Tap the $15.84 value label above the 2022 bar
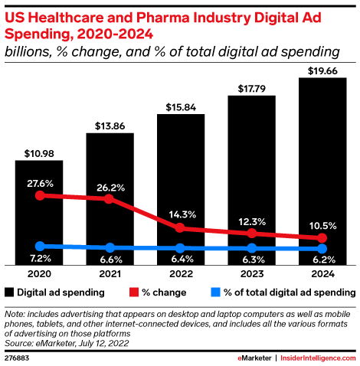tap(181, 105)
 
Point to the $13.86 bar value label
tap(110, 123)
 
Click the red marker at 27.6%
tap(39, 195)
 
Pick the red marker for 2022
tap(181, 227)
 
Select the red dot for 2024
tap(322, 239)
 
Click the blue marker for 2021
tap(110, 247)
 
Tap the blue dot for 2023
tap(252, 248)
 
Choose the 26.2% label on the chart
tap(110, 186)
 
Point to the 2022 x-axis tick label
tap(181, 274)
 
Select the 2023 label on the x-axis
tap(252, 274)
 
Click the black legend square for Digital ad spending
tap(9, 292)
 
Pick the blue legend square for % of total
tap(216, 292)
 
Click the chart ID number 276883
tap(18, 358)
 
